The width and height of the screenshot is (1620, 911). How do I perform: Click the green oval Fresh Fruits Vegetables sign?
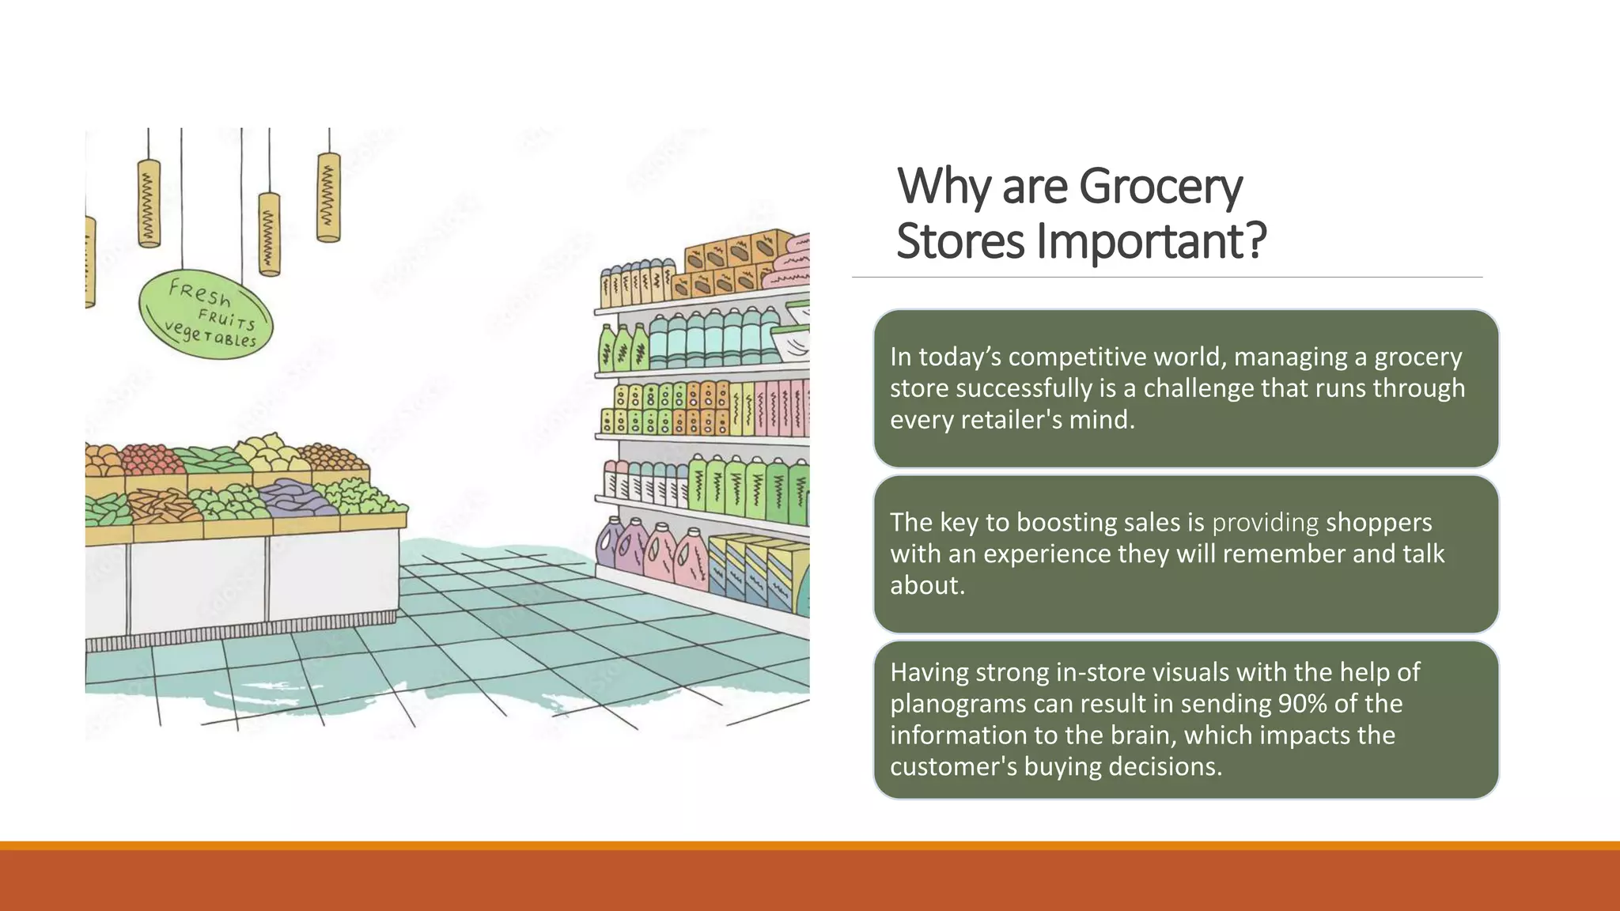(x=206, y=316)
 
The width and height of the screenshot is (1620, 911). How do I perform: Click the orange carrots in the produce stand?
(x=162, y=505)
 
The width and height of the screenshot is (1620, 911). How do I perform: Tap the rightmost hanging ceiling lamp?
(x=328, y=197)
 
